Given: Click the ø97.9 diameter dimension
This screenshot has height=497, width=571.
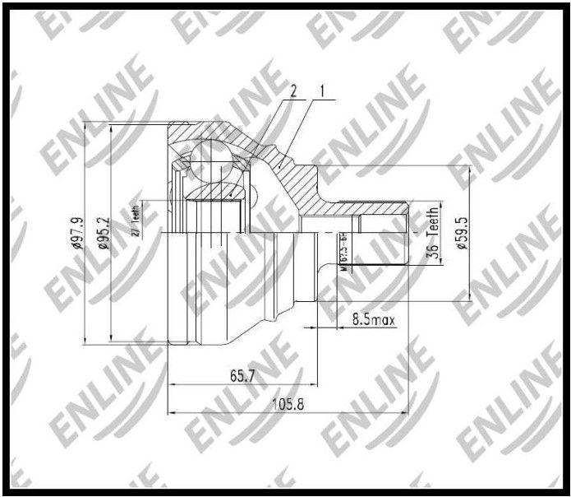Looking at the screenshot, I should tap(79, 232).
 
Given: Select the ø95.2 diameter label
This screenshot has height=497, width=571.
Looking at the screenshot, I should tap(104, 233).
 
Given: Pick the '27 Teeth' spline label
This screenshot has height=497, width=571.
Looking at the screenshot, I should tap(136, 221).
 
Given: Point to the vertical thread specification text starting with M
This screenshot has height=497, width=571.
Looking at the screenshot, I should tap(343, 251).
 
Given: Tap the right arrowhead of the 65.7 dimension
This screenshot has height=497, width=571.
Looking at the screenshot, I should tap(315, 384).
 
